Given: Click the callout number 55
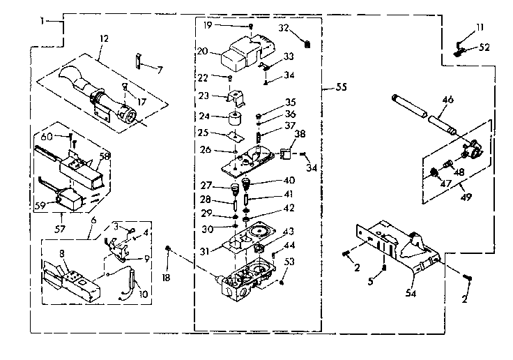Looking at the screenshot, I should (341, 88).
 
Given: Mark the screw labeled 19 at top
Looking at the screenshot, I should (250, 27).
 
